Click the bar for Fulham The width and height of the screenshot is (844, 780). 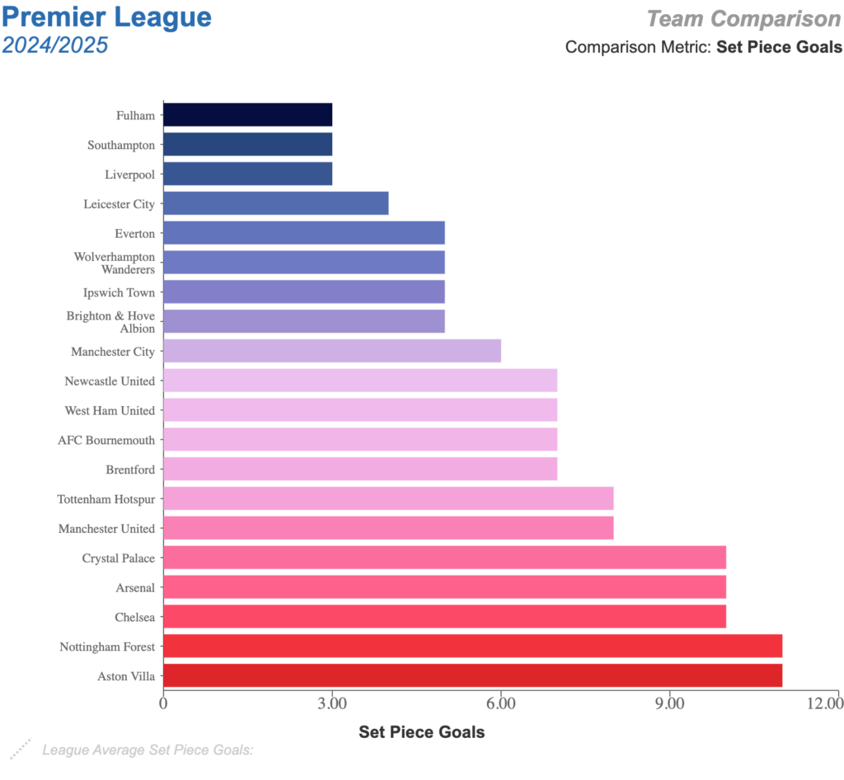click(247, 114)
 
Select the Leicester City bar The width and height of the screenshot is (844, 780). click(275, 203)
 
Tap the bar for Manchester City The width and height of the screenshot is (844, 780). click(331, 351)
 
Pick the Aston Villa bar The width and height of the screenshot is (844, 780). click(472, 675)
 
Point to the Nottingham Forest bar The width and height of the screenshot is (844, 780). click(472, 646)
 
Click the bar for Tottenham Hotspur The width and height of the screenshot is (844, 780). click(388, 498)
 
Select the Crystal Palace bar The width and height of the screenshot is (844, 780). click(444, 558)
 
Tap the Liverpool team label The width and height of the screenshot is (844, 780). click(129, 175)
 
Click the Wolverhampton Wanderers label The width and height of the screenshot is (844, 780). click(115, 263)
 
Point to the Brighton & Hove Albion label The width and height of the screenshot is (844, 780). click(110, 322)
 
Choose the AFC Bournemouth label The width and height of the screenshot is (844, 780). click(106, 440)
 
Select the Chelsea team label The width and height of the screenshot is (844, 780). click(134, 617)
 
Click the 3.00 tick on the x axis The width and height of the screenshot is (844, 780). click(331, 703)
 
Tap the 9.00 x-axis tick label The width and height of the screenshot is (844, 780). click(669, 703)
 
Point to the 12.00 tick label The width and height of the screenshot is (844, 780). click(824, 703)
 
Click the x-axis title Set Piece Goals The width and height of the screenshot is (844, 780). click(421, 731)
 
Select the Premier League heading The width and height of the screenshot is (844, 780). click(107, 17)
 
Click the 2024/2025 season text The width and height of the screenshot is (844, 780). click(55, 44)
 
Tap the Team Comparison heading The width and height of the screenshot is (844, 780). click(743, 18)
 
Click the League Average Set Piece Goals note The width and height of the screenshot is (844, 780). click(148, 750)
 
